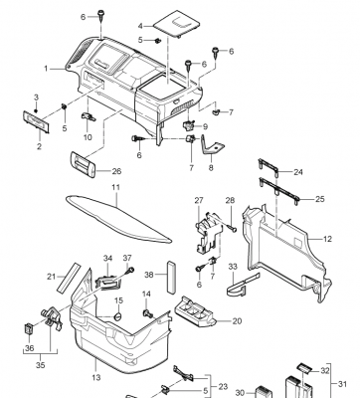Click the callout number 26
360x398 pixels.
[x=116, y=171]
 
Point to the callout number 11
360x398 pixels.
[x=115, y=187]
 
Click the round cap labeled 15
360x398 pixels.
[x=118, y=316]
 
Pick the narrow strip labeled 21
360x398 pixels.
[x=69, y=278]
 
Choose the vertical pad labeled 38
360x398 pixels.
[x=170, y=278]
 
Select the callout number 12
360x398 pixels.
[x=327, y=239]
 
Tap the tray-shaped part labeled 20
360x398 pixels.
[x=194, y=312]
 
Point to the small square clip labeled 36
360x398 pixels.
[x=29, y=328]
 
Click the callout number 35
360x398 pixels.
[x=40, y=365]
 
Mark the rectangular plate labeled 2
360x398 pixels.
[x=36, y=121]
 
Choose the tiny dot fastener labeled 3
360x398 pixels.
[x=36, y=110]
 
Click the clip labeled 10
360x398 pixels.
[x=88, y=116]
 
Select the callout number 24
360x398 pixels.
[x=298, y=172]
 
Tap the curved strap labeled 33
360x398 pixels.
[x=242, y=285]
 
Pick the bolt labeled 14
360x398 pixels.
[x=148, y=312]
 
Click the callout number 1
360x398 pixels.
[x=46, y=69]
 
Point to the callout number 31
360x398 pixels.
[x=342, y=384]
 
